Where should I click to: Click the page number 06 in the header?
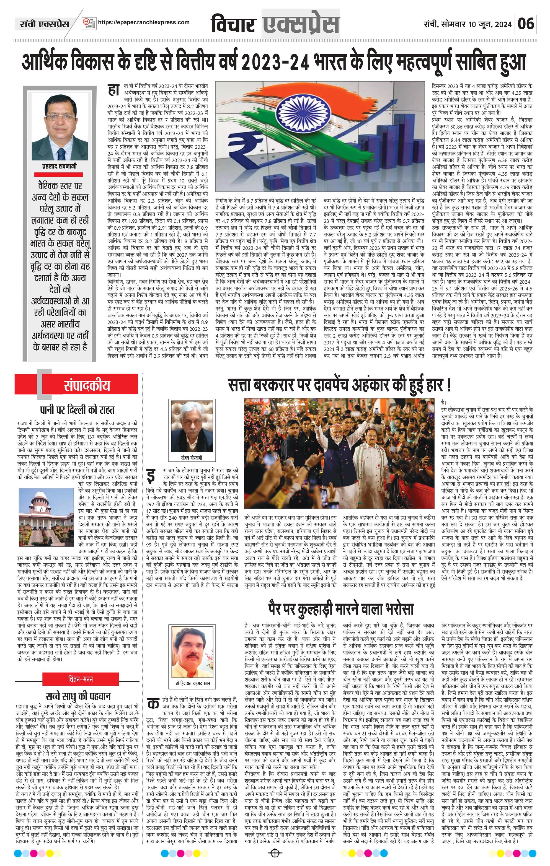click(526, 24)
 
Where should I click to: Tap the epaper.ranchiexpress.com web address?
click(144, 22)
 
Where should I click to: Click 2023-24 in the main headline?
click(275, 62)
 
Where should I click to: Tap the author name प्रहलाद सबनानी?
click(59, 167)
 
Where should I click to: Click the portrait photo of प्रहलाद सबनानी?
click(59, 126)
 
